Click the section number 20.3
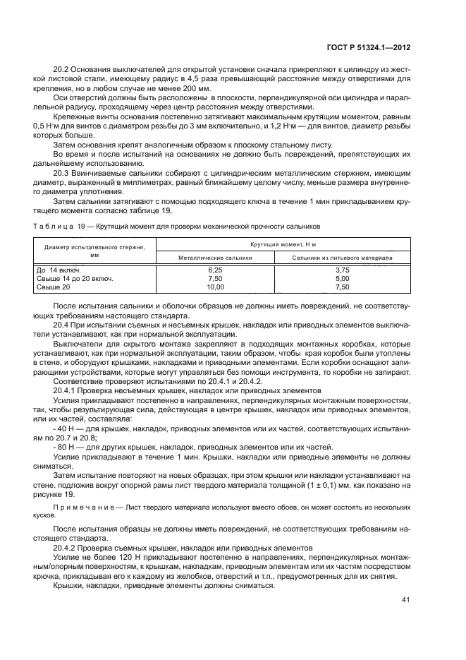(x=62, y=172)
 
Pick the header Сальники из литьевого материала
(x=343, y=258)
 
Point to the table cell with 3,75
(x=343, y=270)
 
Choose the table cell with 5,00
(x=343, y=279)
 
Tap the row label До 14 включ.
(x=58, y=270)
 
